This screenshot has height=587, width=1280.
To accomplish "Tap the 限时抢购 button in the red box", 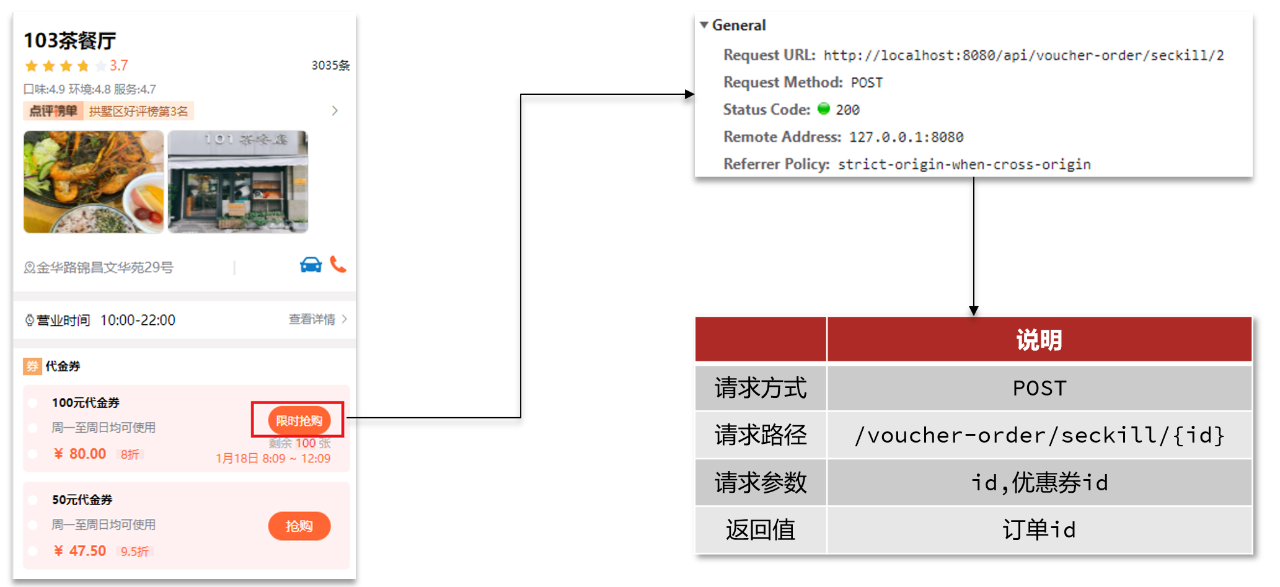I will [299, 421].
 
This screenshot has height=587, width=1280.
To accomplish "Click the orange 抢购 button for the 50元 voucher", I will [299, 526].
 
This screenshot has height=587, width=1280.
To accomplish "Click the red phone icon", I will [338, 265].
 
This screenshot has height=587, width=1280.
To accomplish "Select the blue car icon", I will [311, 265].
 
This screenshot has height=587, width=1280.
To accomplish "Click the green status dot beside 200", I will [823, 109].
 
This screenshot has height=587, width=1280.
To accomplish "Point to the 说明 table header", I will [1039, 340].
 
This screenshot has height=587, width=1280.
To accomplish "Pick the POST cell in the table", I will [1039, 388].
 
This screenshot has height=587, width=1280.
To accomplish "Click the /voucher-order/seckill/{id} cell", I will [1039, 435].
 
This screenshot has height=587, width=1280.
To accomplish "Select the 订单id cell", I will [1039, 530].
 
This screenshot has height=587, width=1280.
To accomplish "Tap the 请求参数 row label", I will [761, 482].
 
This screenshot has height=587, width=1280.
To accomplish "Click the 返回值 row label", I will [761, 530].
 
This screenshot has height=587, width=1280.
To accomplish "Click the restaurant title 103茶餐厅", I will [69, 41].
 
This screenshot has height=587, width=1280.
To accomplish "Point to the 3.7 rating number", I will [118, 66].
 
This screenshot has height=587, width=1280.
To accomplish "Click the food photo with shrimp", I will [94, 182].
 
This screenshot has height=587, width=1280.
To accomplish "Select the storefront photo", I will [237, 182].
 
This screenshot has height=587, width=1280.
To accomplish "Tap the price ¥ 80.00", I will [81, 454].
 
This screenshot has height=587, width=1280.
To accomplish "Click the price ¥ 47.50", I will [81, 550].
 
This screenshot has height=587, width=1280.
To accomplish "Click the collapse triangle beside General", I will [704, 25].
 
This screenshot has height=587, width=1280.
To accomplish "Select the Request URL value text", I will [1023, 55].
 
